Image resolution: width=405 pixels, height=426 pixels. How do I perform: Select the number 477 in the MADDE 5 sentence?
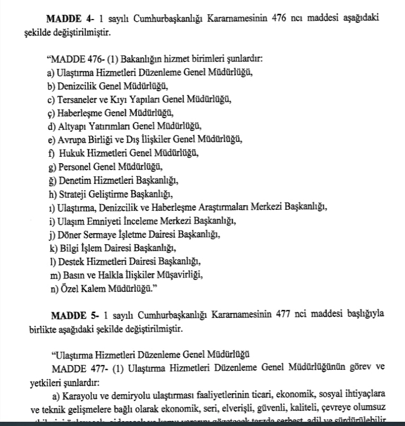point(285,314)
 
